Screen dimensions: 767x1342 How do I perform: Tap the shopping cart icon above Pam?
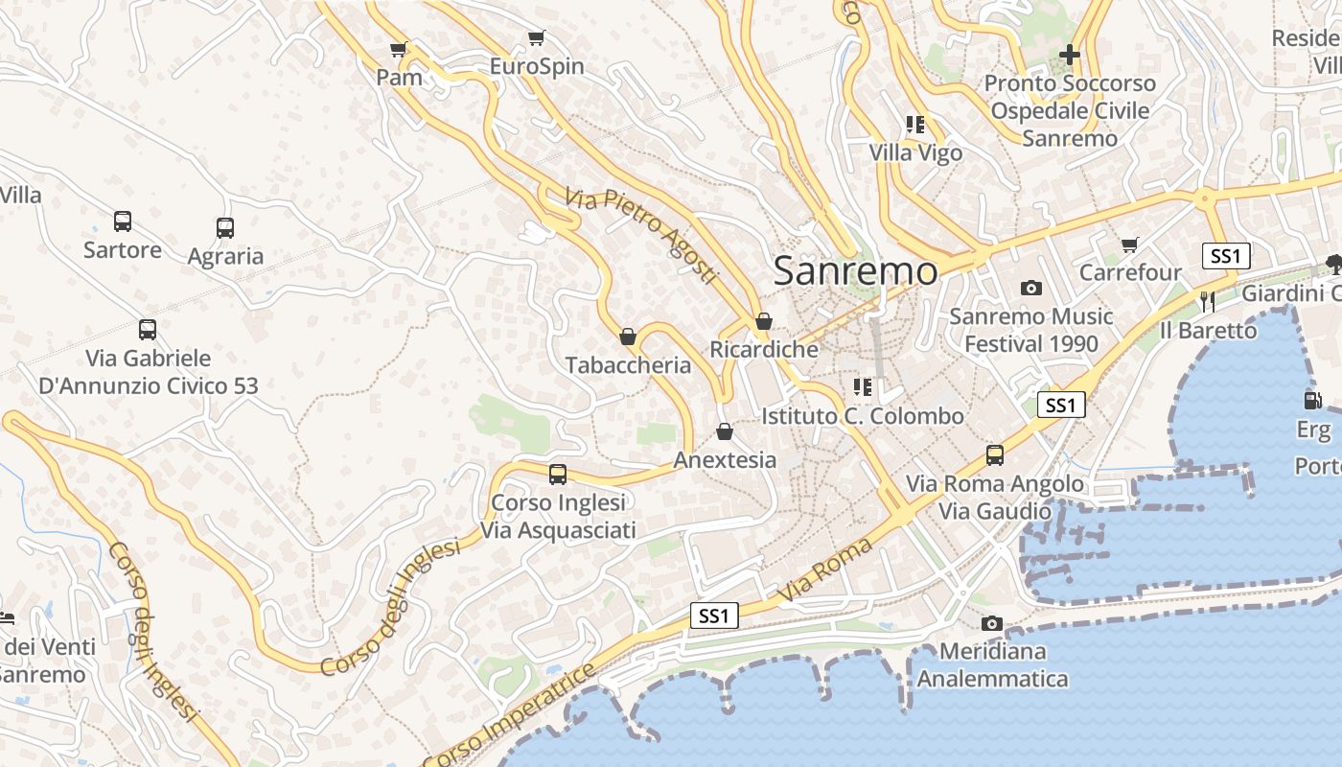coord(399,49)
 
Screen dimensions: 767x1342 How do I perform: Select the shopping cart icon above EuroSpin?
coord(537,38)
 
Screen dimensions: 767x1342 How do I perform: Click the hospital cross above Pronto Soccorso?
coord(1070,55)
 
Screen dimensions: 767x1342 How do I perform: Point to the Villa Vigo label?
coord(915,152)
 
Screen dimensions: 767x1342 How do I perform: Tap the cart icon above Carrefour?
coord(1130,244)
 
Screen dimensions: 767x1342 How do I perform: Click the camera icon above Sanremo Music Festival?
coord(1031,288)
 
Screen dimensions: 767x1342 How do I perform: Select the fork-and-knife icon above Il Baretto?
coord(1207,302)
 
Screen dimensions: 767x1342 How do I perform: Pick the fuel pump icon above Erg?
coord(1312,400)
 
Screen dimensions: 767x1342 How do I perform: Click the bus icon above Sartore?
coord(123,221)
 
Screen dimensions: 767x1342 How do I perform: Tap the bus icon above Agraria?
coord(225,228)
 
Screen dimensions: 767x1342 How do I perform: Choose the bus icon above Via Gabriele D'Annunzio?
coord(148,330)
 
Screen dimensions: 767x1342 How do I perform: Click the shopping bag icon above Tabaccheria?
coord(628,337)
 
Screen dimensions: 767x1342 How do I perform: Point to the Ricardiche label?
coord(764,349)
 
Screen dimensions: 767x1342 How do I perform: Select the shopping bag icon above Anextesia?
coord(725,431)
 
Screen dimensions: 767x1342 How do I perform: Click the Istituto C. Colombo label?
coord(863,416)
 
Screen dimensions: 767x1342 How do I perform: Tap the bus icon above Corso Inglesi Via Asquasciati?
coord(558,474)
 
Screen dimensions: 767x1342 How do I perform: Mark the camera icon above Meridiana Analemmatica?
coord(992,623)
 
